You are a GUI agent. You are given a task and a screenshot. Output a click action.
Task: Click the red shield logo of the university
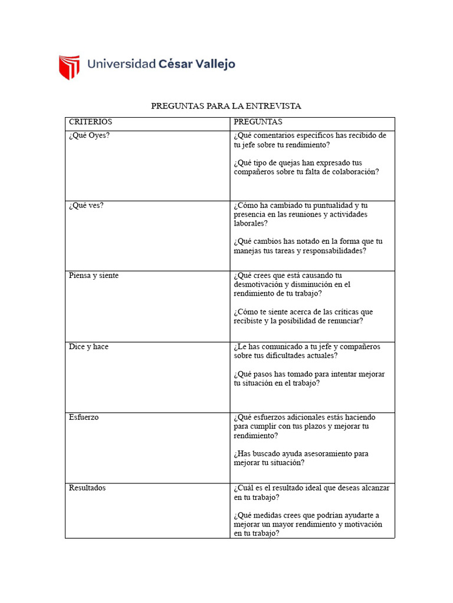pos(68,67)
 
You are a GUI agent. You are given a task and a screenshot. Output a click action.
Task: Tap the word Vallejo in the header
pos(216,64)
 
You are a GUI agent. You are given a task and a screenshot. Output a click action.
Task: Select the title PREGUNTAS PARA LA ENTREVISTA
pos(226,106)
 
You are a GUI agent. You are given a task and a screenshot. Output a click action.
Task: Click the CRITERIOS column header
pos(90,122)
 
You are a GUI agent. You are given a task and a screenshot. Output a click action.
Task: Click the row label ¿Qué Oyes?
pos(89,135)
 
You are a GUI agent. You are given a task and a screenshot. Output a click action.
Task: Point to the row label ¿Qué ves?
pos(86,206)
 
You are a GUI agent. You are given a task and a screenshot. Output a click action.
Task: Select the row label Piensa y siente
pos(93,276)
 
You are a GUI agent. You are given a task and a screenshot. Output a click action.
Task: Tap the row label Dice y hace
pos(88,347)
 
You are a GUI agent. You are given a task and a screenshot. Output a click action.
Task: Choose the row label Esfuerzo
pos(84,418)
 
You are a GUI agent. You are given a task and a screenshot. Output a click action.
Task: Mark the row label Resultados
pos(87,488)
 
